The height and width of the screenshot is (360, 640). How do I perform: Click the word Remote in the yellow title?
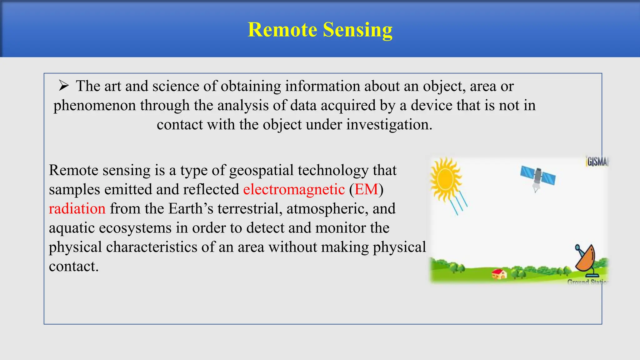[x=282, y=30]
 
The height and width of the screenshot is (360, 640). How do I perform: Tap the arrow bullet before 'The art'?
[x=63, y=86]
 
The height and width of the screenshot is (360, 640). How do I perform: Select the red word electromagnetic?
[x=294, y=189]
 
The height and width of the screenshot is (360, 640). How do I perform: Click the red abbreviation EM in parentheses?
[x=366, y=189]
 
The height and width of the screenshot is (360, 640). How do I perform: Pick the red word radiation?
[x=77, y=209]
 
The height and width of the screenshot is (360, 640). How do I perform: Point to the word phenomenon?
[x=94, y=106]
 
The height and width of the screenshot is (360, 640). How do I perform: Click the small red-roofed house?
[x=499, y=274]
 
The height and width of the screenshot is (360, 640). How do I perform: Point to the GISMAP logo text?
[x=597, y=162]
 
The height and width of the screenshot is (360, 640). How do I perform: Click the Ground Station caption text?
[x=587, y=282]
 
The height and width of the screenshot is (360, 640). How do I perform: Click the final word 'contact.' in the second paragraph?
[x=74, y=267]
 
